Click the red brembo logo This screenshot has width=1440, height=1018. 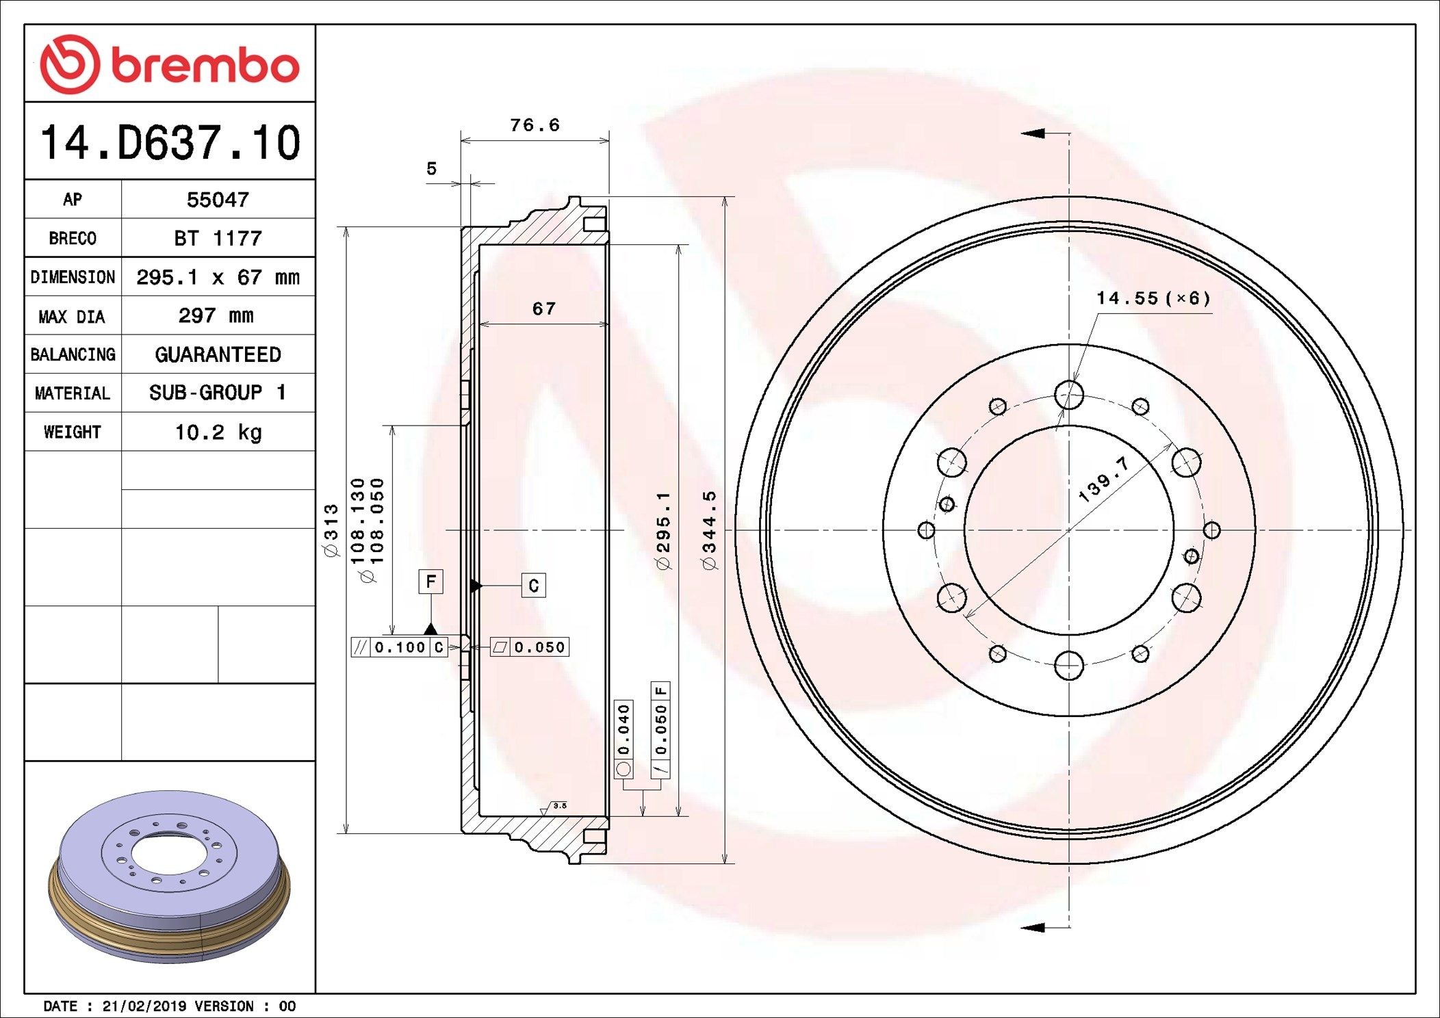tap(169, 64)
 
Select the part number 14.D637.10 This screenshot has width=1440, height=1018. tap(170, 143)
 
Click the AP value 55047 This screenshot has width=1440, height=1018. tap(218, 200)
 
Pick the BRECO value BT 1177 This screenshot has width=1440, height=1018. tap(218, 239)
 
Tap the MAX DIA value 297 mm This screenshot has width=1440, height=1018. tap(216, 315)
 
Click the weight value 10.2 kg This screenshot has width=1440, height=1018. tap(218, 432)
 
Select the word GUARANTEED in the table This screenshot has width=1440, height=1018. tap(218, 354)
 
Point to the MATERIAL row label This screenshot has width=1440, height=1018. tap(72, 393)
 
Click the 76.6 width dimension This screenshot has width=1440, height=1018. tap(535, 125)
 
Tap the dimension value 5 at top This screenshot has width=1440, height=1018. tap(431, 168)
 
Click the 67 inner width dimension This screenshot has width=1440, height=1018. tap(544, 309)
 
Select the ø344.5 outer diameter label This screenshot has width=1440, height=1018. tap(709, 530)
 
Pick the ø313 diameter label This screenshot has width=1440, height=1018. tap(331, 530)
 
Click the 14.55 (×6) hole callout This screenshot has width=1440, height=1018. tap(1153, 298)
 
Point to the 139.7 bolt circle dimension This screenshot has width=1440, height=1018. tap(1103, 480)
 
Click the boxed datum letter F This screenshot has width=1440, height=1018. tap(430, 582)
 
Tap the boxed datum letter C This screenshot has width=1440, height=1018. tap(533, 586)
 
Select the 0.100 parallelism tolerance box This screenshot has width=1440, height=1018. tap(400, 647)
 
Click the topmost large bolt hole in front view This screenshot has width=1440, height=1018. tap(1068, 395)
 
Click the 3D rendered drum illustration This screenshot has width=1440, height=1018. tap(169, 876)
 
